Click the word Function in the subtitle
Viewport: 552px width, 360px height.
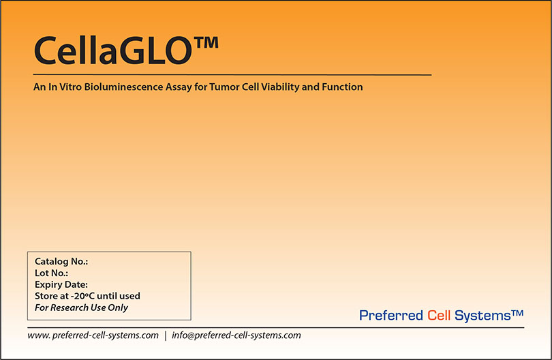pos(344,87)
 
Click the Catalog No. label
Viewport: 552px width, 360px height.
pos(61,262)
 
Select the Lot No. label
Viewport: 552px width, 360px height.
pos(51,273)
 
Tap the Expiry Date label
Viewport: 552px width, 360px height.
pos(61,285)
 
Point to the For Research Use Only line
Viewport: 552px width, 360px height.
pos(81,307)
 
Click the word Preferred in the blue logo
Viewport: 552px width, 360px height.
pos(391,316)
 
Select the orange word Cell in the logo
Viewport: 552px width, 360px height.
pos(438,316)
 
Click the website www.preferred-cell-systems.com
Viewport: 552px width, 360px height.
pos(93,335)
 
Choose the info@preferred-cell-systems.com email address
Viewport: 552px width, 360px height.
pos(236,335)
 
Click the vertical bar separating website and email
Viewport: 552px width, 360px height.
pos(165,335)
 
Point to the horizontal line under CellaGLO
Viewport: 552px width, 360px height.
pos(232,74)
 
